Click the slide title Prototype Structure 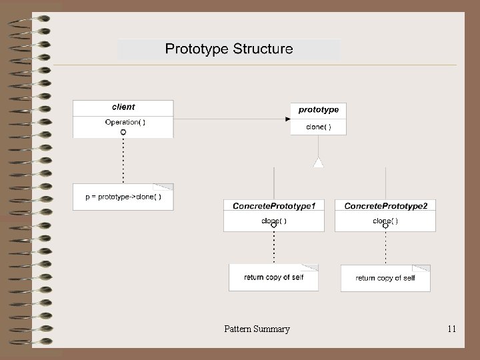(x=229, y=49)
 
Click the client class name (x=123, y=107)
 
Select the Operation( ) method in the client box (x=125, y=122)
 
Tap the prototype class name (x=318, y=110)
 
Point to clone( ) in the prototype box (x=318, y=127)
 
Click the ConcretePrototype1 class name (x=274, y=206)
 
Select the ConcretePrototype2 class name (x=385, y=206)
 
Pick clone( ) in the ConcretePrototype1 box (x=274, y=221)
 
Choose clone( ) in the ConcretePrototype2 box (x=385, y=221)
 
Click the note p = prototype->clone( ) (x=123, y=197)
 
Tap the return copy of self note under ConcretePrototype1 (x=273, y=277)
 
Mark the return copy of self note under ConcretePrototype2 (x=385, y=278)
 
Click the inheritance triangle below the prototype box (x=319, y=162)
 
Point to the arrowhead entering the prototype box (x=287, y=119)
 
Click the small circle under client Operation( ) (x=123, y=133)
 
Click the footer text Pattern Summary (x=257, y=329)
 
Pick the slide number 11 (x=452, y=329)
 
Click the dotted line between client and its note (x=123, y=160)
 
